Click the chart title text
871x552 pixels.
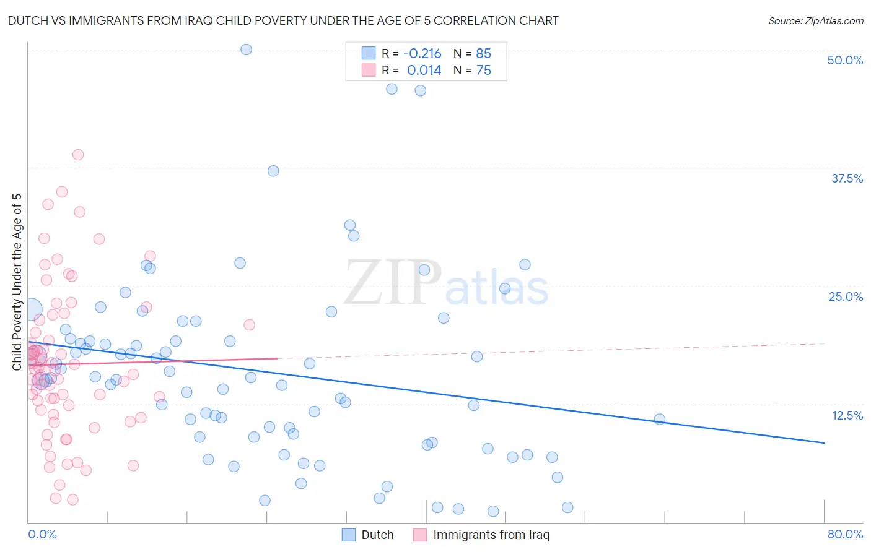pos(283,20)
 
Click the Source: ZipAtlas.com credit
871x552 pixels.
pos(815,20)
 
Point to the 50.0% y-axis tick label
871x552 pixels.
pos(845,60)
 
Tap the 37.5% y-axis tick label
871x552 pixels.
pos(847,178)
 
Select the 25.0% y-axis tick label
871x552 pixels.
pos(846,296)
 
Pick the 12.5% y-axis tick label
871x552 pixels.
pos(847,415)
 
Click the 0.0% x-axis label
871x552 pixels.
pos(42,534)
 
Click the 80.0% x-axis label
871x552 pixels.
pos(845,534)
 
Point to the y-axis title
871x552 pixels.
pos(17,282)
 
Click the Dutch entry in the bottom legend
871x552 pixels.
pos(377,535)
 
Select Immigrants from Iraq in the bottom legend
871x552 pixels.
pos(491,535)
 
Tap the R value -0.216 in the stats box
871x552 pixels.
pos(422,53)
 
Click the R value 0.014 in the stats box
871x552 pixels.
pos(424,71)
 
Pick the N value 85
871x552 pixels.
pos(483,53)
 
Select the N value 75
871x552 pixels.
pos(483,71)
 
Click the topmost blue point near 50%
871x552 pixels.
pos(246,50)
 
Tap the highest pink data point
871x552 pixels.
pos(78,155)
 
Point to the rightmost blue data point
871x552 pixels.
pos(660,419)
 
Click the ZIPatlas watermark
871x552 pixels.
pos(446,283)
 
